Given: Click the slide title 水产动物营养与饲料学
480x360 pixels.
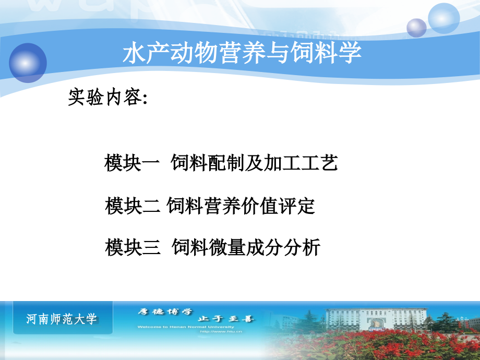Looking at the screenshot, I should click(x=242, y=54).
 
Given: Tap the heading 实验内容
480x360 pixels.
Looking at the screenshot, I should click(x=106, y=98).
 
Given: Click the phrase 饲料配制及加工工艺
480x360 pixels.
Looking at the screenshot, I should click(x=255, y=164).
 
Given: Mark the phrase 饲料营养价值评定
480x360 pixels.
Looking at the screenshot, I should click(x=241, y=206).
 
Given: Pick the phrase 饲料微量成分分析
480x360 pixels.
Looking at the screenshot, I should click(x=245, y=247).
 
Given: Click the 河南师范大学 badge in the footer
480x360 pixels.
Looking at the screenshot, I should click(x=62, y=319).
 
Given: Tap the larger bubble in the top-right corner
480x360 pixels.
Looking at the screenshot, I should click(x=443, y=18).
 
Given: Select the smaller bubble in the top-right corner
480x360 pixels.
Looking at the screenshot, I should click(x=417, y=28).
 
